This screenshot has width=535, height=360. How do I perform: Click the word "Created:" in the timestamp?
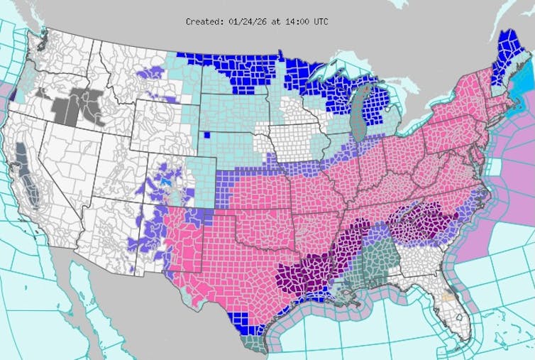[203, 21]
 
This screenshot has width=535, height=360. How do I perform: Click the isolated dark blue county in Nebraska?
[206, 135]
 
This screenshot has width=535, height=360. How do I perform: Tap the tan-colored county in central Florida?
[446, 293]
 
